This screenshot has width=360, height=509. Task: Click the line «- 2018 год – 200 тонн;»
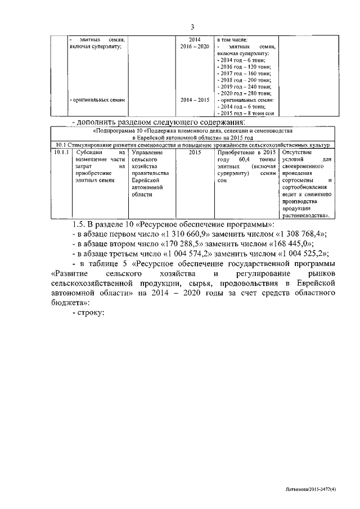click(244, 80)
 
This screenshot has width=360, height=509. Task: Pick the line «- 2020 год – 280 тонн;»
click(244, 93)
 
